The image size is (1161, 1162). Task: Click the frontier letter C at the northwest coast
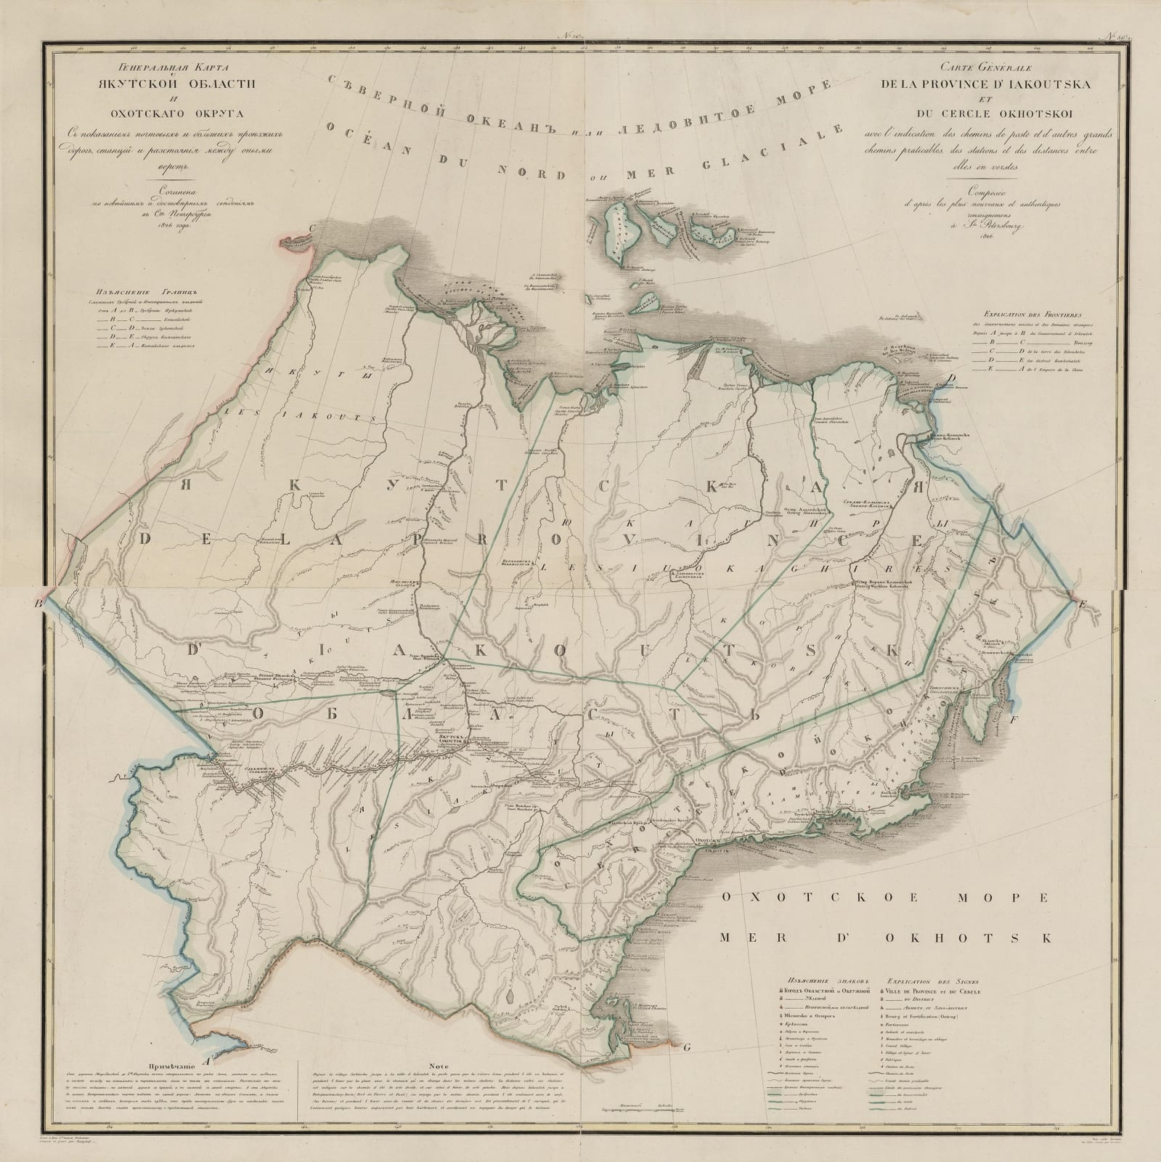pos(312,227)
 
